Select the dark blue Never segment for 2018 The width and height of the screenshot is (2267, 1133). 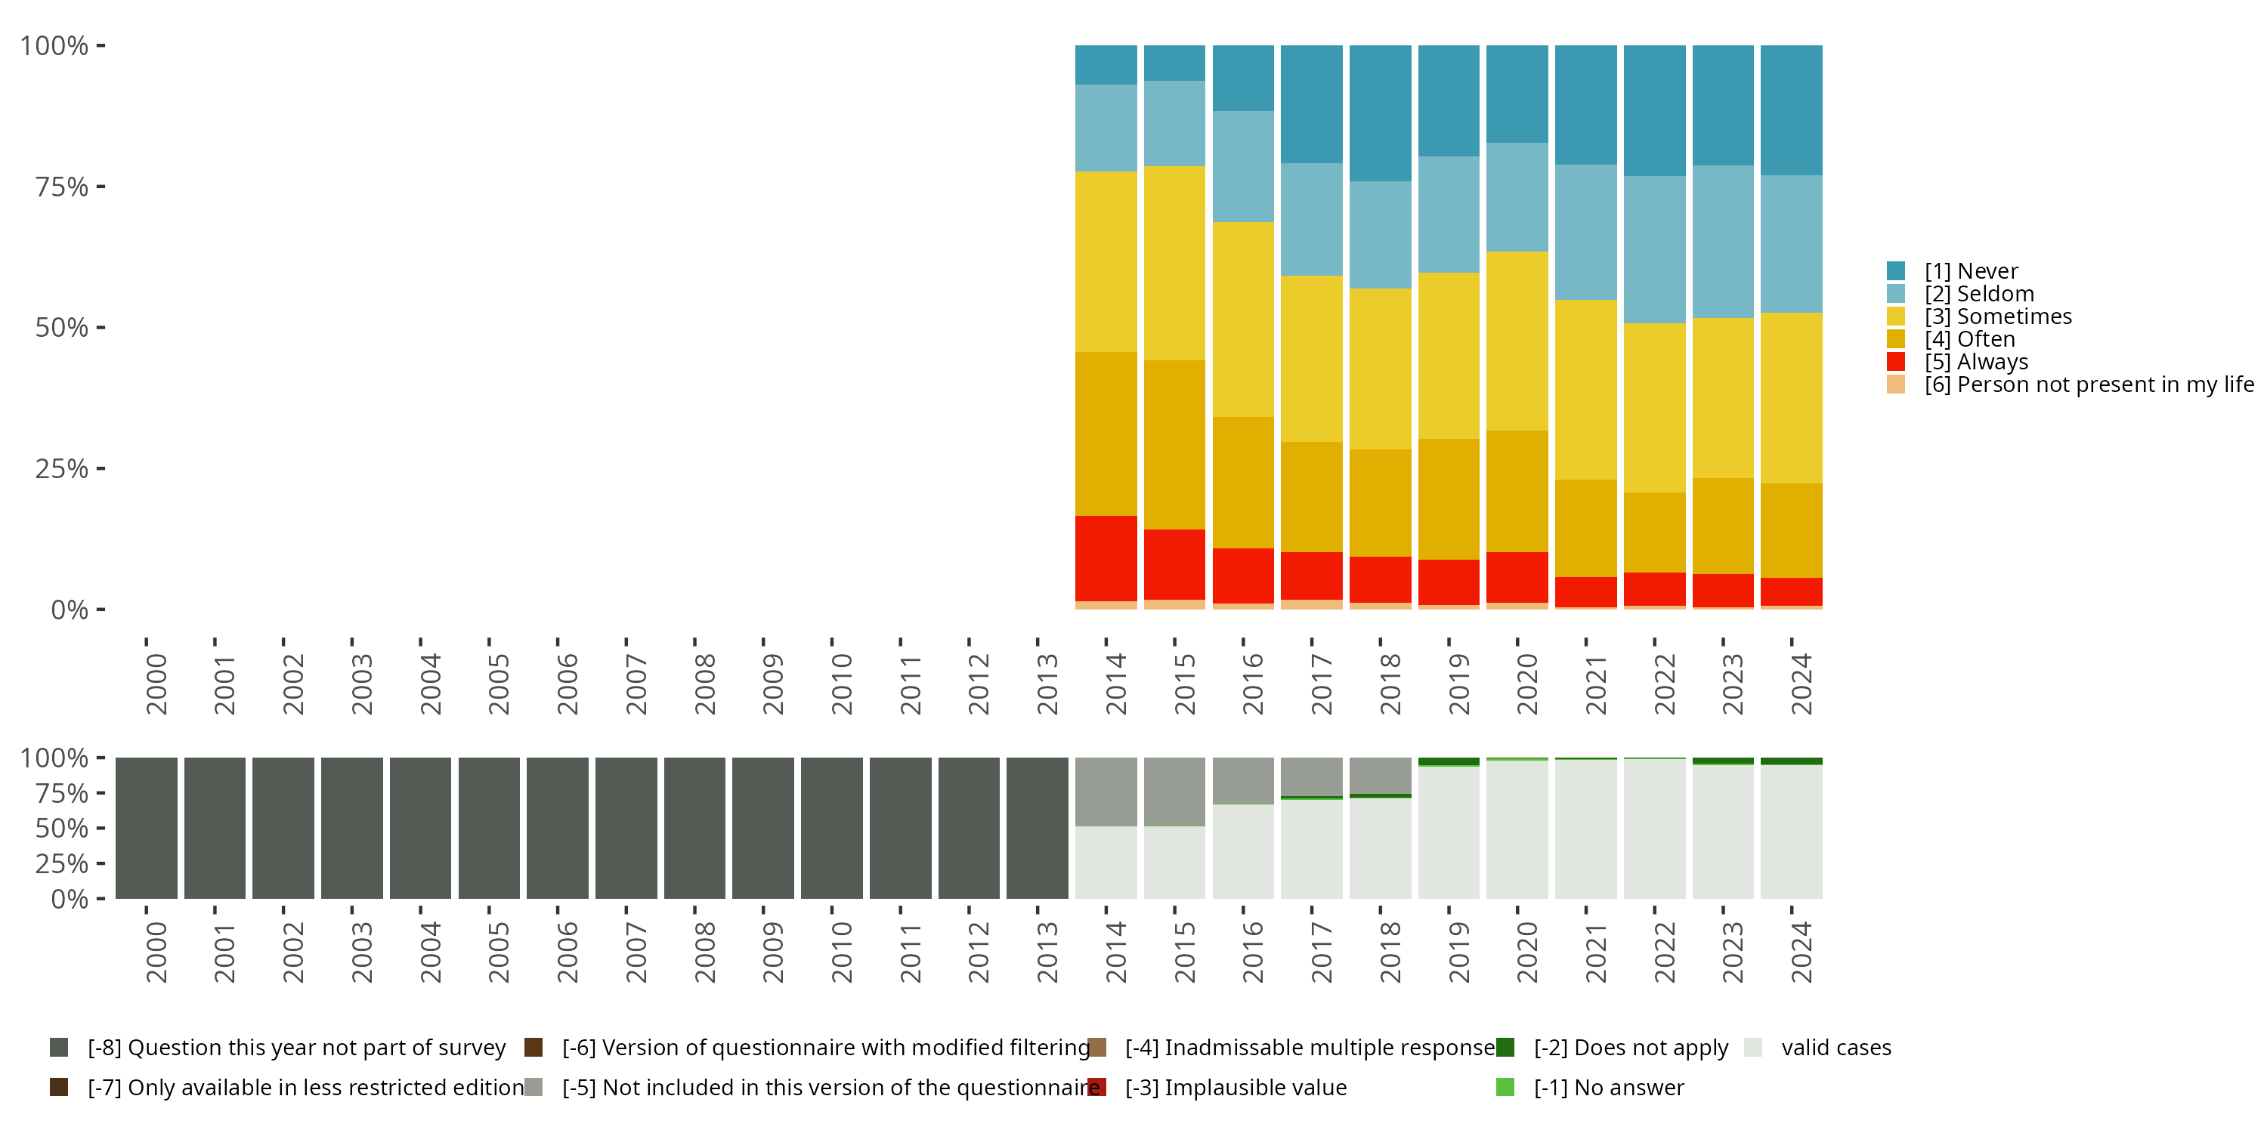click(1380, 113)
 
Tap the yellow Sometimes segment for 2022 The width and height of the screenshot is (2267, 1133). click(1654, 407)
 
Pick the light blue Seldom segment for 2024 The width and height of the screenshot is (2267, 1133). click(1791, 244)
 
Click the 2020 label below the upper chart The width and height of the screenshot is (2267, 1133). click(1527, 684)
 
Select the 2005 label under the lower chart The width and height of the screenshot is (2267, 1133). click(498, 952)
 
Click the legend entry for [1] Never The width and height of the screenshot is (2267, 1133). click(1971, 271)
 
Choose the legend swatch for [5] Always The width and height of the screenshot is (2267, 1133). click(1896, 362)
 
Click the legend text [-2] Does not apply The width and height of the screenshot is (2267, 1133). click(1630, 1048)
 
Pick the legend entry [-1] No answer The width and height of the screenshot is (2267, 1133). click(1608, 1087)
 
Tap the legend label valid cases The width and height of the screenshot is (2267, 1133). click(1836, 1048)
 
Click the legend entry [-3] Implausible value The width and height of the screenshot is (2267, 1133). click(1235, 1087)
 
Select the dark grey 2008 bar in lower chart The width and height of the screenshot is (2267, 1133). click(694, 829)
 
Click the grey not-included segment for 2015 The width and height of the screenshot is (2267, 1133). click(1174, 791)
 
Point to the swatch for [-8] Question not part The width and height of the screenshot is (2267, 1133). click(59, 1048)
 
